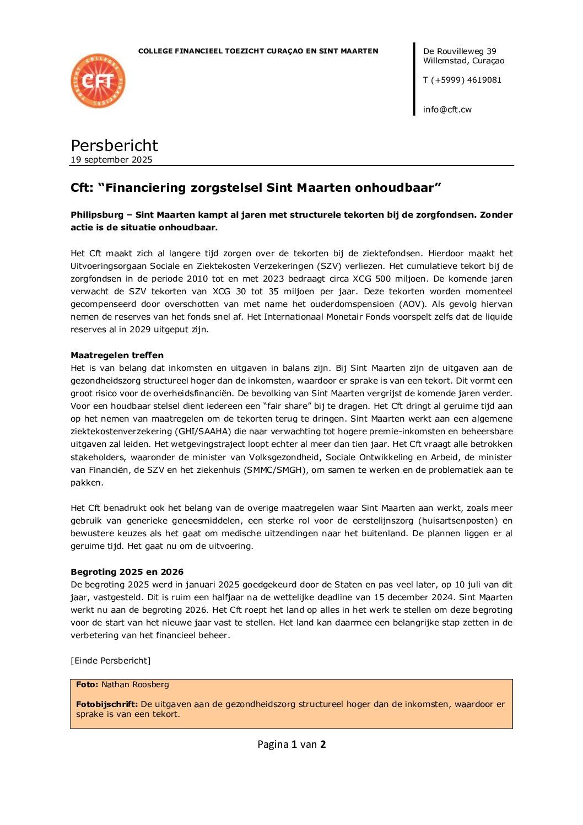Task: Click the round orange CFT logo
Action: [x=98, y=81]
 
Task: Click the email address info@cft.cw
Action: [x=447, y=109]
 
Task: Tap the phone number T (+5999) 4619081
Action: [x=462, y=80]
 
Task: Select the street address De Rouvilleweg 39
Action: [x=459, y=51]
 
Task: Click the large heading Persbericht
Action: [x=114, y=145]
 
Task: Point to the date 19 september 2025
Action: [x=111, y=160]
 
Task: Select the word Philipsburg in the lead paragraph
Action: [x=96, y=215]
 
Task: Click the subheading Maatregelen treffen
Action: [x=117, y=355]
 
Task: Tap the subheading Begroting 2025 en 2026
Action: [x=127, y=572]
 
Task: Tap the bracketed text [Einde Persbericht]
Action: [x=110, y=661]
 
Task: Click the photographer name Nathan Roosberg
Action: [x=135, y=684]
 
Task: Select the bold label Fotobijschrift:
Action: [x=107, y=704]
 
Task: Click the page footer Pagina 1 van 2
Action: [x=291, y=745]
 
